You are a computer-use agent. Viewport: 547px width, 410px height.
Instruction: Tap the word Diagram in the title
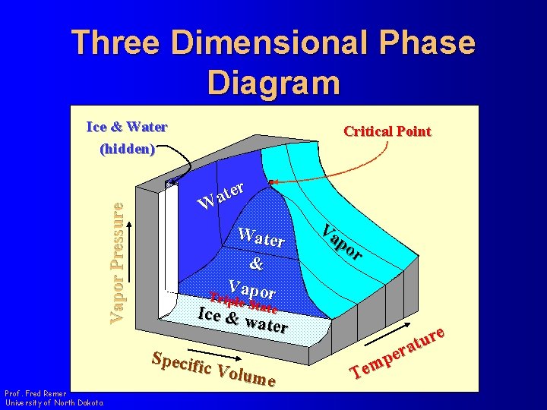click(x=273, y=81)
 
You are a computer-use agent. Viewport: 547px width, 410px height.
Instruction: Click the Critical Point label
click(x=387, y=131)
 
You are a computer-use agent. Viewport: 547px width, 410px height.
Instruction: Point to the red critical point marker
click(x=270, y=181)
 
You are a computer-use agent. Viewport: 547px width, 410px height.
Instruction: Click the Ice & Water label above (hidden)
click(x=127, y=127)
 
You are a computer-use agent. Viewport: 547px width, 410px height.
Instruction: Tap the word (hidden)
click(x=128, y=149)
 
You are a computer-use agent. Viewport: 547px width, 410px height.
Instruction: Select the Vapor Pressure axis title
click(x=116, y=258)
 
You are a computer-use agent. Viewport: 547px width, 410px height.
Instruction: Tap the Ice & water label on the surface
click(x=242, y=320)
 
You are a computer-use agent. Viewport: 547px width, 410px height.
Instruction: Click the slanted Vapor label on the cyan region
click(x=341, y=242)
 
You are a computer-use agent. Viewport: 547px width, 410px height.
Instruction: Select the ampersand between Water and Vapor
click(x=256, y=265)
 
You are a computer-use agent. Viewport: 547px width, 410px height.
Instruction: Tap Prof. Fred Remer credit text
click(x=35, y=393)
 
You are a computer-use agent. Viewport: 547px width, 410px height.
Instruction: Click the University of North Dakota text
click(x=54, y=402)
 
